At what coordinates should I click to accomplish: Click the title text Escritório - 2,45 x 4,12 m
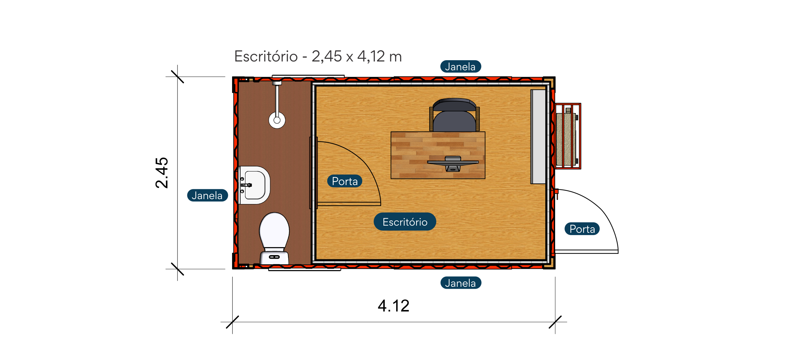(x=318, y=56)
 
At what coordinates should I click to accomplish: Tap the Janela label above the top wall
(x=460, y=67)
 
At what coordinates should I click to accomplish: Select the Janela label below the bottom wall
(x=461, y=283)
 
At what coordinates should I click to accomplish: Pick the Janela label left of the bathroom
(x=207, y=195)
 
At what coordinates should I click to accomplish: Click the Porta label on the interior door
(x=345, y=181)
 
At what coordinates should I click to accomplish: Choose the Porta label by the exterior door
(x=582, y=229)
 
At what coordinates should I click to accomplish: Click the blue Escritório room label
(x=405, y=222)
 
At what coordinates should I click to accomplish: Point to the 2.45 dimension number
(x=161, y=173)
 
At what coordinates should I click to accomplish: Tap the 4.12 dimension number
(x=394, y=306)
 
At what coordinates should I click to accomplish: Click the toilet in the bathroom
(x=274, y=238)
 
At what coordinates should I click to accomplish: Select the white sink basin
(x=254, y=185)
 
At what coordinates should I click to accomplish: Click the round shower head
(x=277, y=120)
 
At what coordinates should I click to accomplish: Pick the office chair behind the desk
(x=454, y=115)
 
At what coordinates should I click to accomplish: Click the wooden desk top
(x=438, y=155)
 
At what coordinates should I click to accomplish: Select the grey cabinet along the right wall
(x=538, y=137)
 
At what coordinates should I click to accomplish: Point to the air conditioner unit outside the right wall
(x=568, y=136)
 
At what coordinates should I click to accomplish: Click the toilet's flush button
(x=274, y=257)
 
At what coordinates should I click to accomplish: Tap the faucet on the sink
(x=246, y=185)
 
